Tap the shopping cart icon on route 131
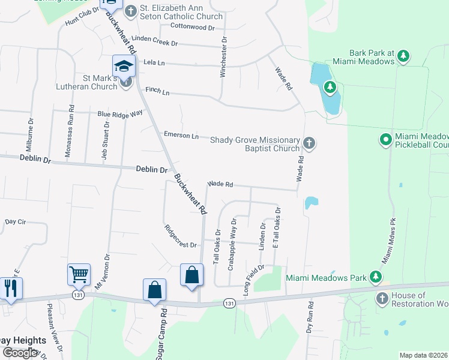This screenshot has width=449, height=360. (79, 275)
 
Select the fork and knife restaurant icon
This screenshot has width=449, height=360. (11, 288)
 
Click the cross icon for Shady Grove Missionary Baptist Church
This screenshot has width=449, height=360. (309, 143)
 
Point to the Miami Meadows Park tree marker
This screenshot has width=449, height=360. (375, 277)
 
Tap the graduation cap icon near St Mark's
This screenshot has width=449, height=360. (124, 66)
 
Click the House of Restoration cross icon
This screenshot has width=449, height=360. (382, 299)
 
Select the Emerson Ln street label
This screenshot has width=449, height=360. (181, 136)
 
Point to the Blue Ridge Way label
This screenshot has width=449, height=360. (120, 113)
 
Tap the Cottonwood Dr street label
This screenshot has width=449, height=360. (192, 28)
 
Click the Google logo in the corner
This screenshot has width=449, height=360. (20, 353)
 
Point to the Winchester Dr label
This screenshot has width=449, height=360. (223, 56)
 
